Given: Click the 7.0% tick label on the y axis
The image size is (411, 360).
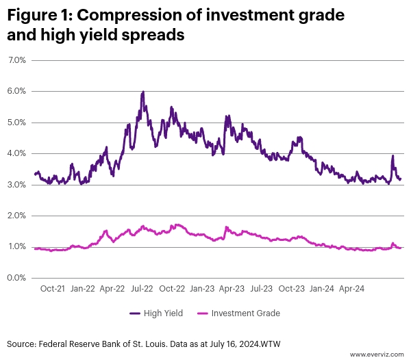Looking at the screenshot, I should [x=16, y=60].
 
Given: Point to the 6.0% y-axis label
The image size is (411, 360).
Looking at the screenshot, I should [x=16, y=91].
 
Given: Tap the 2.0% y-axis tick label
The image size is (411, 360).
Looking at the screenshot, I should [x=16, y=216].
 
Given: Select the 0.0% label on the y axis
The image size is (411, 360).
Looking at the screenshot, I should [x=16, y=278].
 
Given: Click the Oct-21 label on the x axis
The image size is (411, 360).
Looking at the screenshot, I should [x=53, y=289].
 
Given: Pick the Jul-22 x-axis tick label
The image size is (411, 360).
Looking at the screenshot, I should [x=142, y=289].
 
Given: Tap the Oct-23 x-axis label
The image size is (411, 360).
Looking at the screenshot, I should [x=292, y=289].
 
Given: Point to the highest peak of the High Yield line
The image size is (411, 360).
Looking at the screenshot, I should [x=142, y=92].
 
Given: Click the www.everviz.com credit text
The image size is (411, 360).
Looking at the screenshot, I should [x=377, y=354].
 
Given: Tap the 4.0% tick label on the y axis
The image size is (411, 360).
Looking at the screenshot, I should [x=16, y=153].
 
